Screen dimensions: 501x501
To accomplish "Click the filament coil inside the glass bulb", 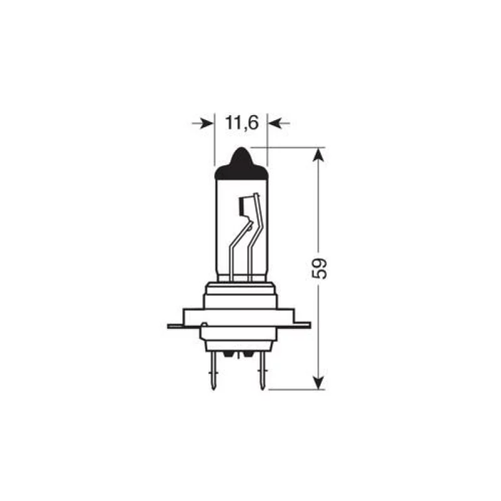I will (246, 207).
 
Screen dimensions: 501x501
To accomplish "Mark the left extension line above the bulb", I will (215, 138).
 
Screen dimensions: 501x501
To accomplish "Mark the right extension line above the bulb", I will (267, 138).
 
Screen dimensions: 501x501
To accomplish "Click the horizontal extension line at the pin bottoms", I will (294, 389).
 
